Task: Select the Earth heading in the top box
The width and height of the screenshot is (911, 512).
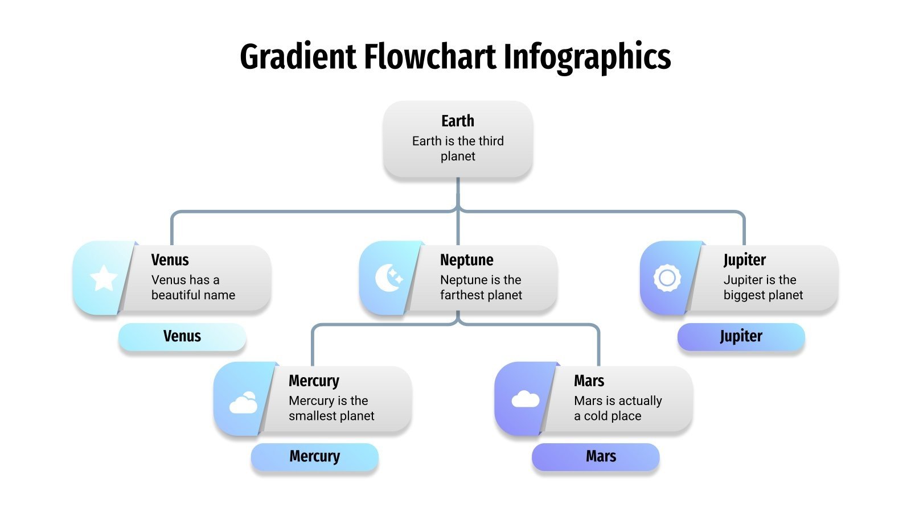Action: point(458,121)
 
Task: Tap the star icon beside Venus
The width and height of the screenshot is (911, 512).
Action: point(104,278)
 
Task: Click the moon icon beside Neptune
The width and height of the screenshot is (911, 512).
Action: point(389,278)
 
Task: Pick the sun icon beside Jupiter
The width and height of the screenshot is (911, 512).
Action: point(667,278)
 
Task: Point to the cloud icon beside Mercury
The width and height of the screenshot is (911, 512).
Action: point(243,403)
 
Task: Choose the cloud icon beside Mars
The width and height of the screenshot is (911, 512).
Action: point(525,399)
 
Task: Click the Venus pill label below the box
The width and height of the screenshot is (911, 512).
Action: point(182,336)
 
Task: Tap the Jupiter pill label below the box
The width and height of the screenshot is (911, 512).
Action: point(741,336)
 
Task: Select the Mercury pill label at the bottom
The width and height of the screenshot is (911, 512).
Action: point(314,456)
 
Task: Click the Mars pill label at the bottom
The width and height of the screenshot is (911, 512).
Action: point(601,456)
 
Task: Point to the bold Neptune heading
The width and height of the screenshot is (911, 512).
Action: point(467,260)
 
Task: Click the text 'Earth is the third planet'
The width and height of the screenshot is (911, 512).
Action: point(458,148)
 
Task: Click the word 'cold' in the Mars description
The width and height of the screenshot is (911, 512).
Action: point(596,416)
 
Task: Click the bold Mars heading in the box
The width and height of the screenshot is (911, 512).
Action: point(589,381)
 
